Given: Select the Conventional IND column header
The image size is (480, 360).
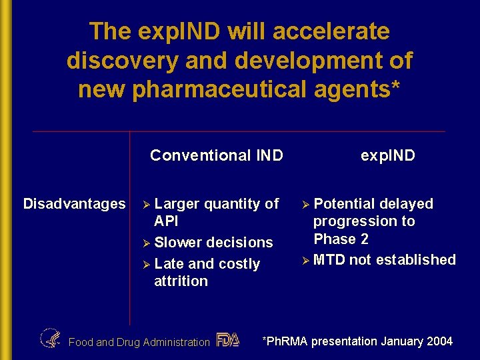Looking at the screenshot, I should tap(217, 155).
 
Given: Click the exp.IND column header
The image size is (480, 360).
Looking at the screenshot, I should tap(387, 155).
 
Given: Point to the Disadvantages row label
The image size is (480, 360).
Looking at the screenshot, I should tap(74, 203).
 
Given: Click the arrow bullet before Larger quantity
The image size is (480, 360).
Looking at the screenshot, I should tap(148, 204).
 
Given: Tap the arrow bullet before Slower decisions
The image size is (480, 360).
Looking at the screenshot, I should tap(148, 243).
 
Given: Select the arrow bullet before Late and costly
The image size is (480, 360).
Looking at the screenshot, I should tap(148, 264).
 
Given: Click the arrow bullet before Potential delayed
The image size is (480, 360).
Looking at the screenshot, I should tap(307, 204).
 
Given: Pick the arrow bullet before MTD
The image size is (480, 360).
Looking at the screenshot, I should tap(307, 260).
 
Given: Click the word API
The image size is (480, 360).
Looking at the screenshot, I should tap(166, 221).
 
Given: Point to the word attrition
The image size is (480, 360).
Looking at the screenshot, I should tap(181, 281).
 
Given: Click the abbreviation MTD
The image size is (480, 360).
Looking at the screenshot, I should tap(329, 260).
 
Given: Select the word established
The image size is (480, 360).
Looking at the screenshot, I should tap(416, 260).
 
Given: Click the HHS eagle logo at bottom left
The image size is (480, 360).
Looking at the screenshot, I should tap(50, 339).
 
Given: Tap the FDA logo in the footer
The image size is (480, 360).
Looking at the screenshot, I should tap(228, 340).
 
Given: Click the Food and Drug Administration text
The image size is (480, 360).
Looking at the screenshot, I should tap(139, 343).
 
